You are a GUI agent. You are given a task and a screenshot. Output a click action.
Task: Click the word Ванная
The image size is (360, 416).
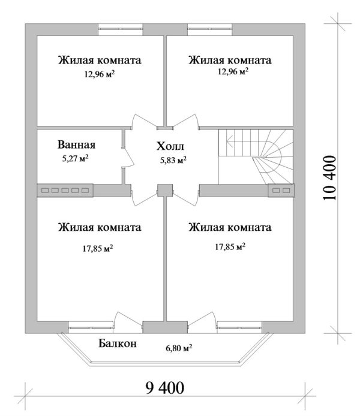tap(77, 144)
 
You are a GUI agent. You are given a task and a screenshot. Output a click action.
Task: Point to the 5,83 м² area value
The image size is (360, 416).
tap(172, 160)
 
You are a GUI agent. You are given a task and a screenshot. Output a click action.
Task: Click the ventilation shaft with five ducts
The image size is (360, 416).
tap(65, 190)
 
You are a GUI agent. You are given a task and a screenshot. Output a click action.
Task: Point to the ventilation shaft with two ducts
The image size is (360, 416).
tap(280, 190)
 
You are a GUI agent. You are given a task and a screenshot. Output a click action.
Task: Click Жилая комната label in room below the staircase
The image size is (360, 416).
tap(230, 228)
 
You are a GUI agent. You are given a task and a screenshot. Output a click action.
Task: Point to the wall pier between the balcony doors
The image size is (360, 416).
tap(154, 327)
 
